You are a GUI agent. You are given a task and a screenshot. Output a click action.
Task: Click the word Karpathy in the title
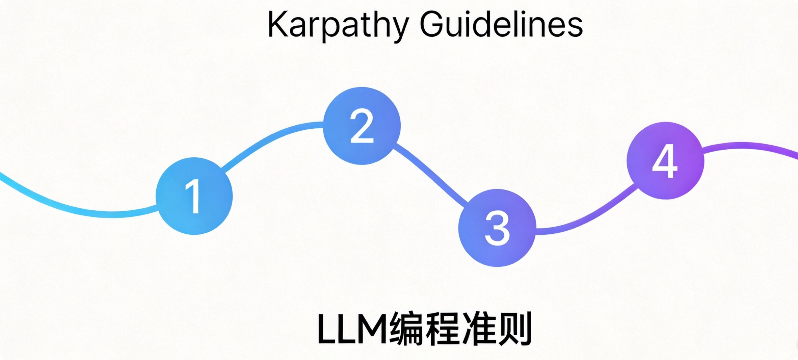tap(338, 25)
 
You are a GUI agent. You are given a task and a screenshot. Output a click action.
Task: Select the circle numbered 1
tap(194, 196)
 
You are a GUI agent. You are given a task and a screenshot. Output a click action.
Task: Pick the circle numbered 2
tap(362, 126)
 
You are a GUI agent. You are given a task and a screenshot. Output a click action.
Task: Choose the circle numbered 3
tap(497, 228)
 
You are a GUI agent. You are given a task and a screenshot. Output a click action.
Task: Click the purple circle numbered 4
tap(665, 161)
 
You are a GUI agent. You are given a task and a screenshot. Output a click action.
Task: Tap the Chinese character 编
tap(407, 329)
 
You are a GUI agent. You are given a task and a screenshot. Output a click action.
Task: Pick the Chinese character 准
tap(479, 329)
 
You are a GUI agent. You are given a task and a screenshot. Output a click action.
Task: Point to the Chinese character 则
tap(515, 329)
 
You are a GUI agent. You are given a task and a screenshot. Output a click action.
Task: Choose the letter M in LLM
tap(373, 329)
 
